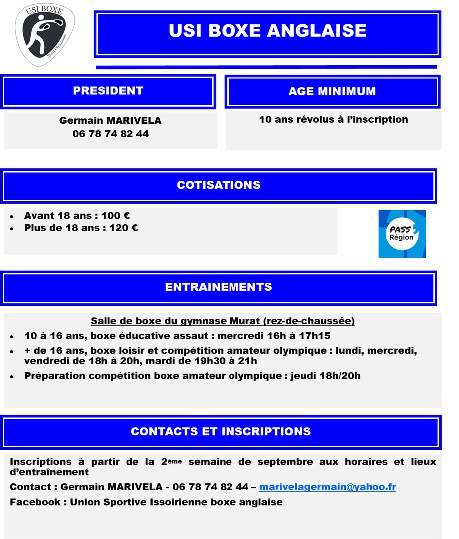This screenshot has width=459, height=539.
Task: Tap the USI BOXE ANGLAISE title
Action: (x=267, y=31)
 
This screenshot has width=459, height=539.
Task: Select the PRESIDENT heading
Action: (x=108, y=91)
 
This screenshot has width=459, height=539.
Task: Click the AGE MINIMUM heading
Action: (x=332, y=92)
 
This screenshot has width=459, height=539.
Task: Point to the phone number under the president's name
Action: (x=110, y=134)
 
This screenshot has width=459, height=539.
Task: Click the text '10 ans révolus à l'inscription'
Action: (x=333, y=119)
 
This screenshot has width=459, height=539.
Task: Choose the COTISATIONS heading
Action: (x=219, y=185)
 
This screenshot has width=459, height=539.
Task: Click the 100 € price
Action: (x=116, y=216)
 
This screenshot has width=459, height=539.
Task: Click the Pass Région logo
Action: (x=402, y=234)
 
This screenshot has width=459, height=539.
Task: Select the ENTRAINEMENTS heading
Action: (x=219, y=287)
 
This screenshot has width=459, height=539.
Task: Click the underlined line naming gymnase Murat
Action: (x=223, y=321)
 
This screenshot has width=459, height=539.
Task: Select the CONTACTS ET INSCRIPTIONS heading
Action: (x=221, y=432)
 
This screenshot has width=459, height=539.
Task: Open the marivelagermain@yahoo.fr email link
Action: (x=327, y=487)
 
